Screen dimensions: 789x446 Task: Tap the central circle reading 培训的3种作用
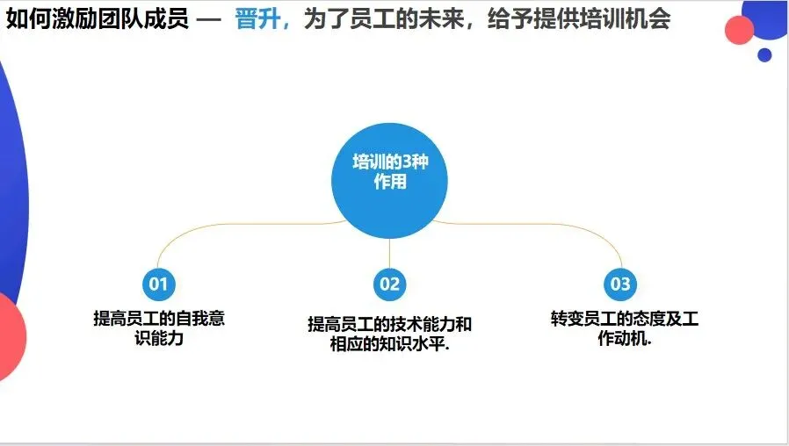tap(390, 181)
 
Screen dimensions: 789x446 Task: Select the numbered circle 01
tap(158, 284)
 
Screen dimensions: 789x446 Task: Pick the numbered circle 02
tap(389, 284)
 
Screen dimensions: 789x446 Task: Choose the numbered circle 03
tap(620, 284)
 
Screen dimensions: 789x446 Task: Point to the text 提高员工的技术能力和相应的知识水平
tap(389, 334)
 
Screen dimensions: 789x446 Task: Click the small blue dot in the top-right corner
tap(764, 54)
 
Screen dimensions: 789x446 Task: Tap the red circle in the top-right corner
tap(740, 30)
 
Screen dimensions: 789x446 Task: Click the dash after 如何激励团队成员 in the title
tap(211, 20)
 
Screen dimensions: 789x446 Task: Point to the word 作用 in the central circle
tap(390, 183)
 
